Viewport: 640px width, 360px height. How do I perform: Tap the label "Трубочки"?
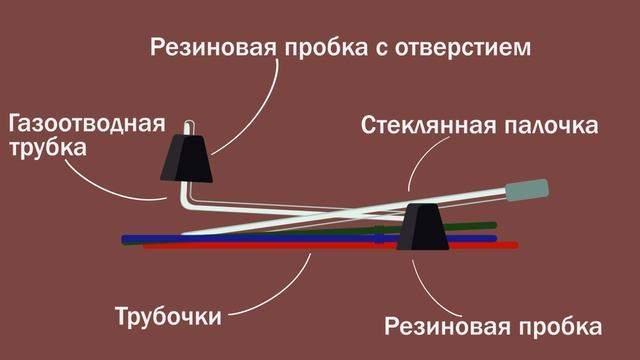167,319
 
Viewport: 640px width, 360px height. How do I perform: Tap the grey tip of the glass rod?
528,189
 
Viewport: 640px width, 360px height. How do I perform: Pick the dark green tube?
470,226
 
